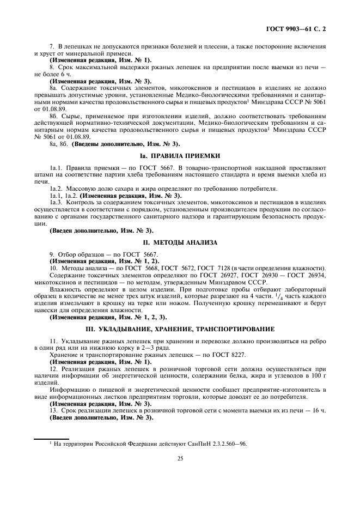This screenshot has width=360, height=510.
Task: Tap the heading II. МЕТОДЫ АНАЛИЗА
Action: [x=180, y=242]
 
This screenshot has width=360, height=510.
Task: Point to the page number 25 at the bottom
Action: [x=180, y=458]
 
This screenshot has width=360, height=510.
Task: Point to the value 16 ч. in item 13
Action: [x=318, y=410]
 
